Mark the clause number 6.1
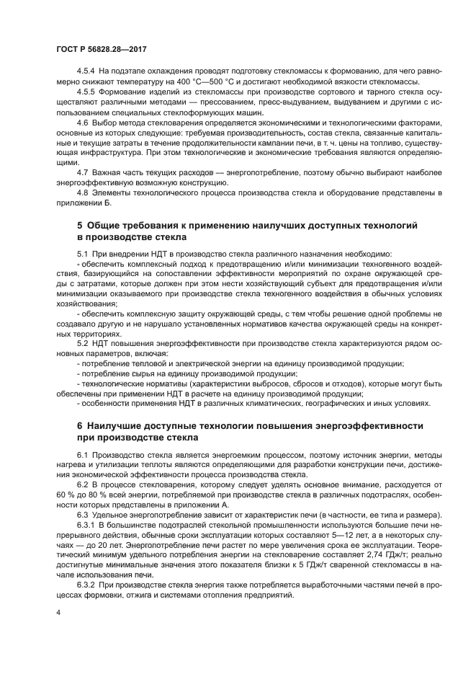[83, 456]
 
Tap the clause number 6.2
[83, 485]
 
